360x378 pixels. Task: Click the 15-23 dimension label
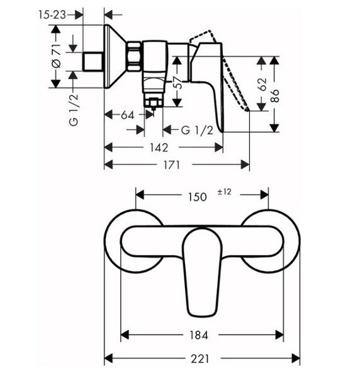point(52,15)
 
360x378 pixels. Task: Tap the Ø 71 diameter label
point(57,56)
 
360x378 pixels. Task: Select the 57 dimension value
point(179,83)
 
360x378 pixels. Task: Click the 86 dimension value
point(274,96)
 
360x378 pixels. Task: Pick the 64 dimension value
point(127,115)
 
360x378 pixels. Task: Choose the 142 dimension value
point(159,147)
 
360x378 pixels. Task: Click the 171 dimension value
point(171,165)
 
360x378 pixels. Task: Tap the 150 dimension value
point(198,197)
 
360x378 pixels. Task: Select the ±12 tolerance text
point(224,192)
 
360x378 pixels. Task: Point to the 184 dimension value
point(199,335)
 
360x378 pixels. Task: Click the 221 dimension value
point(200,358)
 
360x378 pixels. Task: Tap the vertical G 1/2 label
point(74,110)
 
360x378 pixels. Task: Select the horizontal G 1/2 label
point(197,130)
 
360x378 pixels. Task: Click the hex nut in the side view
point(133,57)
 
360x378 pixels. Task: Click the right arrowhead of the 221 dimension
point(296,358)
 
